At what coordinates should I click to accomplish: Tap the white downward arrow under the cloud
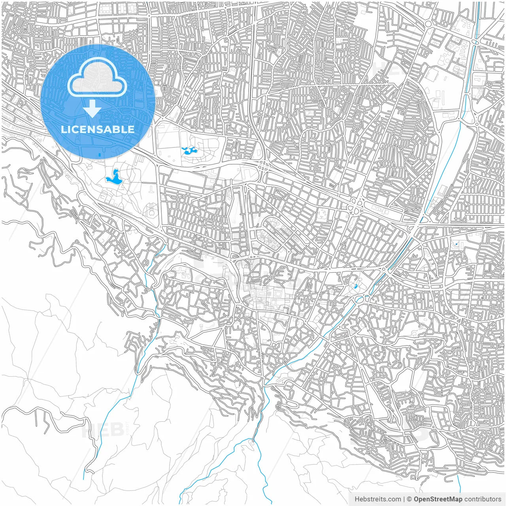(x=92, y=109)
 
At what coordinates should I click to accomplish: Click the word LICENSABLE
(x=97, y=129)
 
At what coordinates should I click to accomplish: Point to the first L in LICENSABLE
(x=63, y=129)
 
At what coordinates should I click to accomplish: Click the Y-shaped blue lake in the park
(x=114, y=177)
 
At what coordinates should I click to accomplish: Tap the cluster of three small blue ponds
(x=189, y=150)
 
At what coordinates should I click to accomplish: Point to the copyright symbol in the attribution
(x=410, y=499)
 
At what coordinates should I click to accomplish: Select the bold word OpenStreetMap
(x=438, y=499)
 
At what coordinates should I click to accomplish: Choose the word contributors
(x=483, y=499)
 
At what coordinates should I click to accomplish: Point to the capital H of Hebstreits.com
(x=357, y=499)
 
